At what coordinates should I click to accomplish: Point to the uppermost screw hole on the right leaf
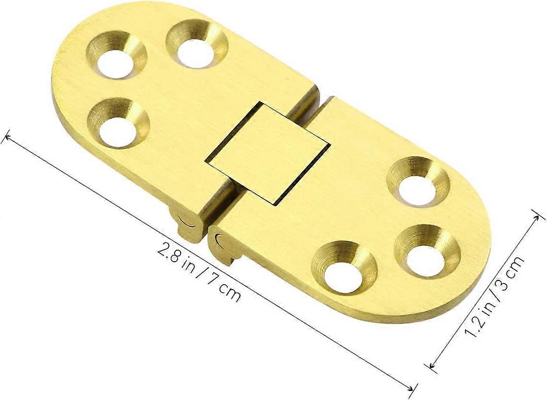click(417, 188)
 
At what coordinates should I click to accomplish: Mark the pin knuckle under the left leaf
click(187, 225)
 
